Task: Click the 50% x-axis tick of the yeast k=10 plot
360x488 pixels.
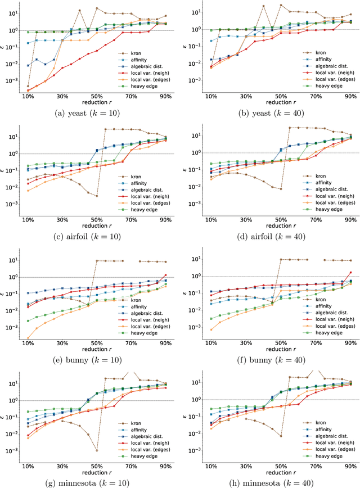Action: pyautogui.click(x=96, y=96)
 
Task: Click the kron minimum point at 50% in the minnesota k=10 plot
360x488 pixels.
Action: pyautogui.click(x=96, y=450)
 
